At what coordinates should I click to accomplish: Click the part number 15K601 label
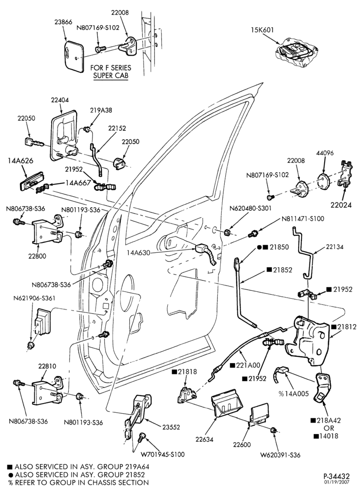coord(262,30)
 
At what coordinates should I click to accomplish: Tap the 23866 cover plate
coord(74,56)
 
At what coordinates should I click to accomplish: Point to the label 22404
coord(60,100)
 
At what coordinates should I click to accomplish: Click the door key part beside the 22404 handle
coord(34,143)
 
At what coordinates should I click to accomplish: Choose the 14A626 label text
coord(20,161)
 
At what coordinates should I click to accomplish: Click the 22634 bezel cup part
coord(227,404)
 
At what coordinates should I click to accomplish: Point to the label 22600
coord(242,445)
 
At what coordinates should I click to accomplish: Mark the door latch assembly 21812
coord(308,340)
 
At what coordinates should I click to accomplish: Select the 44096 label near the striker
coord(325,153)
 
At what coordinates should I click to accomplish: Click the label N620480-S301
coord(250,208)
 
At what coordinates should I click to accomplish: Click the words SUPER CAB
coord(111,76)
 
